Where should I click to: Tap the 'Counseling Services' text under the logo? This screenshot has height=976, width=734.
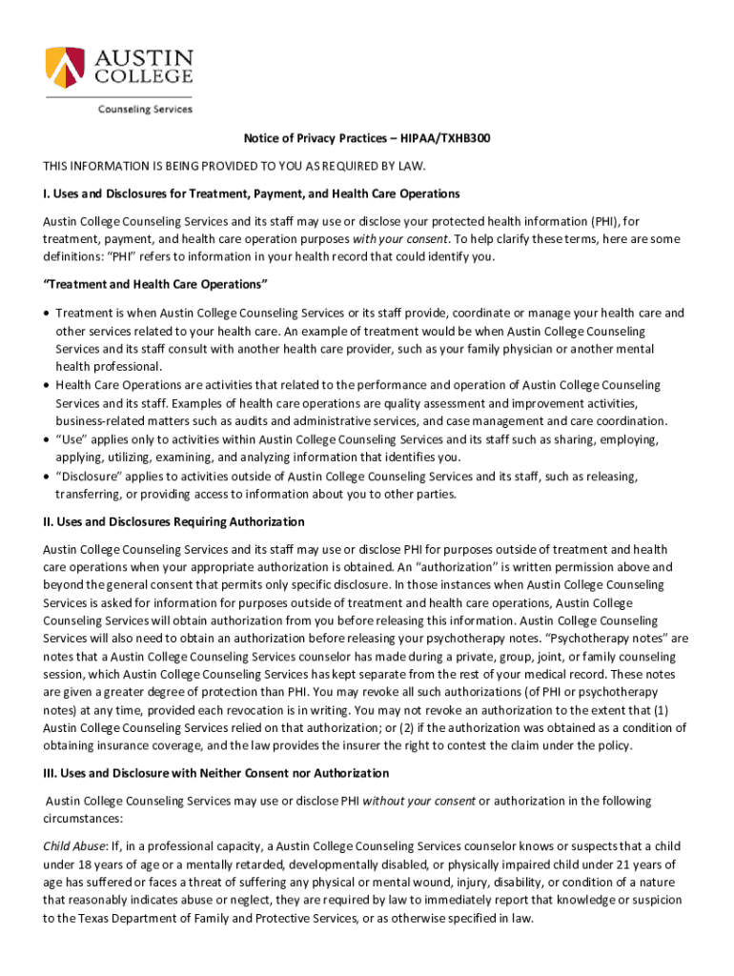[x=145, y=109]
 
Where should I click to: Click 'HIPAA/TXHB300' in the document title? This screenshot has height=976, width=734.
[x=446, y=139]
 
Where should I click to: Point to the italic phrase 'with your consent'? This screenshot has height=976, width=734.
[x=398, y=239]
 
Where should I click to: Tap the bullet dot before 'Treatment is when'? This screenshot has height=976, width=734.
[x=47, y=314]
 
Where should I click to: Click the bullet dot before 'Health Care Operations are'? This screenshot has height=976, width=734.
[x=47, y=385]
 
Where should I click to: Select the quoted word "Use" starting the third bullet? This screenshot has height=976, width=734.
[x=71, y=439]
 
